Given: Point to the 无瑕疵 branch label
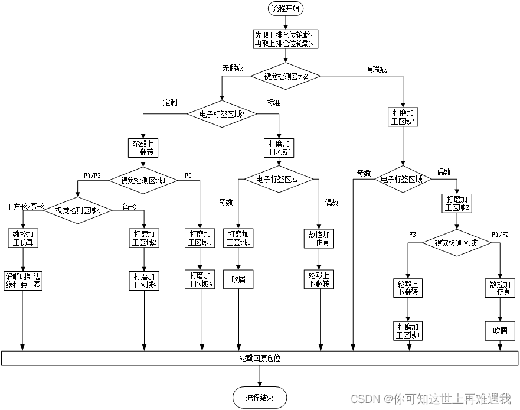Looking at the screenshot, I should tap(233, 69).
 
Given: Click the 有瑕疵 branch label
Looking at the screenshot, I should tap(377, 69).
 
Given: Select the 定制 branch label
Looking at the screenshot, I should tap(170, 102).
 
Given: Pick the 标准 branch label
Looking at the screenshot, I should tap(274, 102).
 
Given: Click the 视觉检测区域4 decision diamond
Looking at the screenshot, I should tap(78, 210).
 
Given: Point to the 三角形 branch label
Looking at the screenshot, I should tap(126, 207).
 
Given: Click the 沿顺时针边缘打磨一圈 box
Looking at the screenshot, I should tap(23, 280).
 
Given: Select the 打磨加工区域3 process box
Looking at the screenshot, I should tap(238, 238).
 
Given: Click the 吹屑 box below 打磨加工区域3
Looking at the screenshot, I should tap(238, 279).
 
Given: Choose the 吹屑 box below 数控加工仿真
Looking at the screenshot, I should tap(500, 330).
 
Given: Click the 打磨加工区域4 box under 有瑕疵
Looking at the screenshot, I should tap(403, 117).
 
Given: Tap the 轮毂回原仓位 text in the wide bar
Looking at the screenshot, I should tap(260, 358).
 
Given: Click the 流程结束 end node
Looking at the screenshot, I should tap(260, 398).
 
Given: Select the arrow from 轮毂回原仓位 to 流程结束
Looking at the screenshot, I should tap(260, 376).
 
